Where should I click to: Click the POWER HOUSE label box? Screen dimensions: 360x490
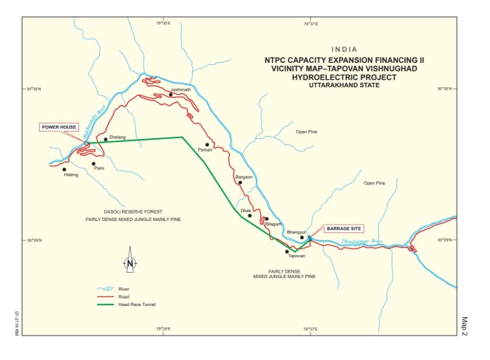(x=58, y=126)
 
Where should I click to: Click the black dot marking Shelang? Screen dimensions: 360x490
(x=106, y=139)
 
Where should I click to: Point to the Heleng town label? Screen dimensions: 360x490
(x=71, y=175)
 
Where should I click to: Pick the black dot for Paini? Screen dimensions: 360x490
(x=94, y=163)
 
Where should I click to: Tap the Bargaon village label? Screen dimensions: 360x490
(x=243, y=177)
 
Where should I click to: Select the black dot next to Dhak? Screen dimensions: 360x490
(x=251, y=216)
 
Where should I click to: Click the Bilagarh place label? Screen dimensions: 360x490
(x=273, y=223)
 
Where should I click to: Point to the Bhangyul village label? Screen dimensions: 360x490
(x=296, y=231)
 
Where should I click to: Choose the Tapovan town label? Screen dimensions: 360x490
(x=296, y=256)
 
